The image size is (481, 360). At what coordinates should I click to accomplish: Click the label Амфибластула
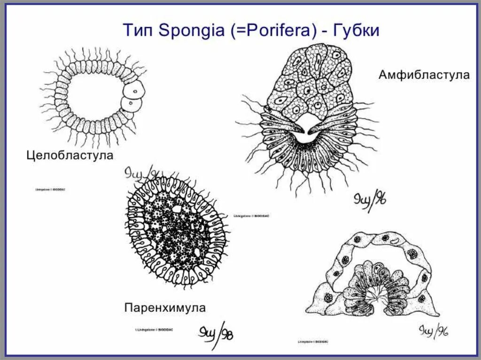[424, 75]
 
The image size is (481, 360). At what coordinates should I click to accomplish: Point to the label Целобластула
[70, 155]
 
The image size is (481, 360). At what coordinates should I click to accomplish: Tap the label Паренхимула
[165, 308]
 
